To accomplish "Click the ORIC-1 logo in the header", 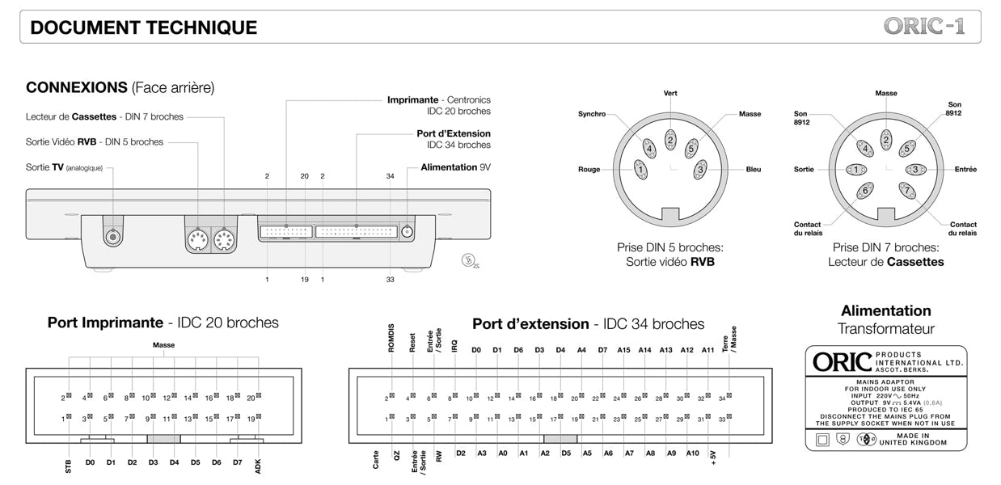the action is pos(924,27).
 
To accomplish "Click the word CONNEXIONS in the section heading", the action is pos(77,87).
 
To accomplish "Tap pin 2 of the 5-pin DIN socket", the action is pos(669,140).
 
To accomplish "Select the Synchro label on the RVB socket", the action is pos(592,114).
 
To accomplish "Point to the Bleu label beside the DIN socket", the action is pos(753,169).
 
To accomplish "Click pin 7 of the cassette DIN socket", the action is pos(907,191).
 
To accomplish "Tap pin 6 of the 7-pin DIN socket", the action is pos(865,191).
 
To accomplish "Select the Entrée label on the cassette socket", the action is pos(965,169).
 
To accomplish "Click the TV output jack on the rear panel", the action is pos(113,236).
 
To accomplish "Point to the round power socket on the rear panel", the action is pos(407,232).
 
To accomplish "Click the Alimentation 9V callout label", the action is pos(455,167).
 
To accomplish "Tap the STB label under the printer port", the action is pos(69,466).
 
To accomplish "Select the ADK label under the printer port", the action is pos(258,466).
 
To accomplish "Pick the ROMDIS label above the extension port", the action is pos(391,338).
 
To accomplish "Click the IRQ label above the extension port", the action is pos(455,346).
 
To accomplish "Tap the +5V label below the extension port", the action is pos(713,458).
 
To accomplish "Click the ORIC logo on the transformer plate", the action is pos(842,362).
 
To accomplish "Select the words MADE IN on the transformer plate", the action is pos(913,436).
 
